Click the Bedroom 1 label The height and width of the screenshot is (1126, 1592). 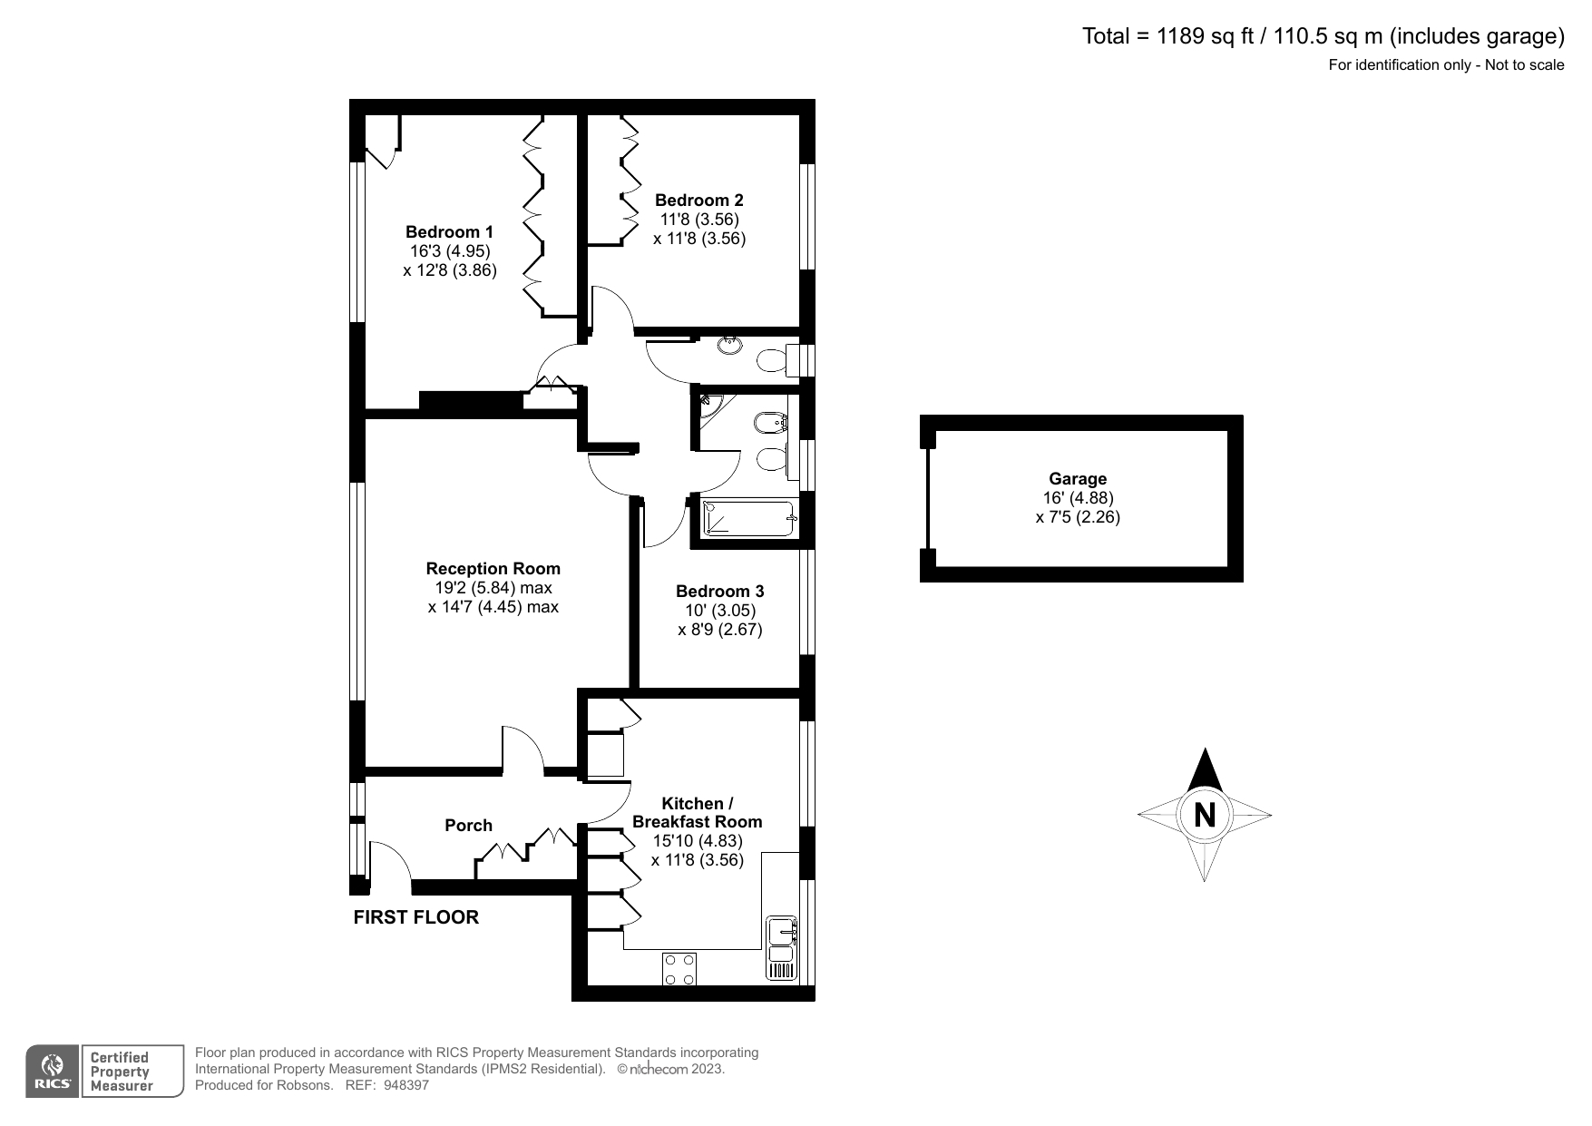pos(449,231)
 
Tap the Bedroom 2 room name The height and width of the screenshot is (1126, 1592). pos(698,200)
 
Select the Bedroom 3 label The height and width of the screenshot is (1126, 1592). pos(719,592)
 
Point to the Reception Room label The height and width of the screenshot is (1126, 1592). pos(493,568)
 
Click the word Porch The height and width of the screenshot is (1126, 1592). pos(468,825)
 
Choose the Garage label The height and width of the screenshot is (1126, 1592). pos(1078,478)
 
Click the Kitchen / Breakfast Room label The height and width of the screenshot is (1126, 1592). pos(697,812)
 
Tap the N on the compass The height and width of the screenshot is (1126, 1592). pos(1205,815)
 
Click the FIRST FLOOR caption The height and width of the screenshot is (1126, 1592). pos(415,917)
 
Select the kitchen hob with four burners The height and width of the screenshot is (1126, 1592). pos(679,968)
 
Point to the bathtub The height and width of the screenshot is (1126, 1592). pos(748,518)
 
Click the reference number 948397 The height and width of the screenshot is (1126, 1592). pos(405,1085)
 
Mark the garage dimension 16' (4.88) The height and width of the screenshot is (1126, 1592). pos(1078,498)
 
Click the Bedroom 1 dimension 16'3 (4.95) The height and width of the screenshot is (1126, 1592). pos(449,250)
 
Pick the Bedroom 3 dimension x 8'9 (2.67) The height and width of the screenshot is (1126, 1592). pos(719,630)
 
